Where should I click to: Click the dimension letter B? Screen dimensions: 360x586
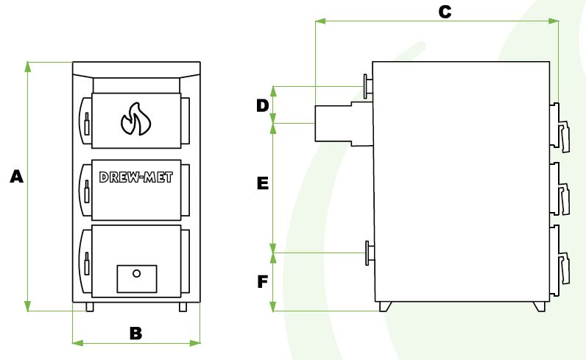point(135,333)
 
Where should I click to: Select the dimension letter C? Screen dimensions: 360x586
point(444,12)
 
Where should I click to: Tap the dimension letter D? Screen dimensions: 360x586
point(262,105)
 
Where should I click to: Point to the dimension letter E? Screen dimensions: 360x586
point(262,183)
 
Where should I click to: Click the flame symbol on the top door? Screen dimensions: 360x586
point(135,119)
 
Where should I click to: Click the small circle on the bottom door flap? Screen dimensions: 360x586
point(136,273)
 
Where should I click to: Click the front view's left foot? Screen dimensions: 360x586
point(89,307)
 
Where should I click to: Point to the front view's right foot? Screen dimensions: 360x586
point(183,307)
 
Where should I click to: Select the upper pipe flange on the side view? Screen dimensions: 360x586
point(367,85)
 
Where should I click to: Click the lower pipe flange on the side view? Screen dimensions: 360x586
point(367,253)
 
